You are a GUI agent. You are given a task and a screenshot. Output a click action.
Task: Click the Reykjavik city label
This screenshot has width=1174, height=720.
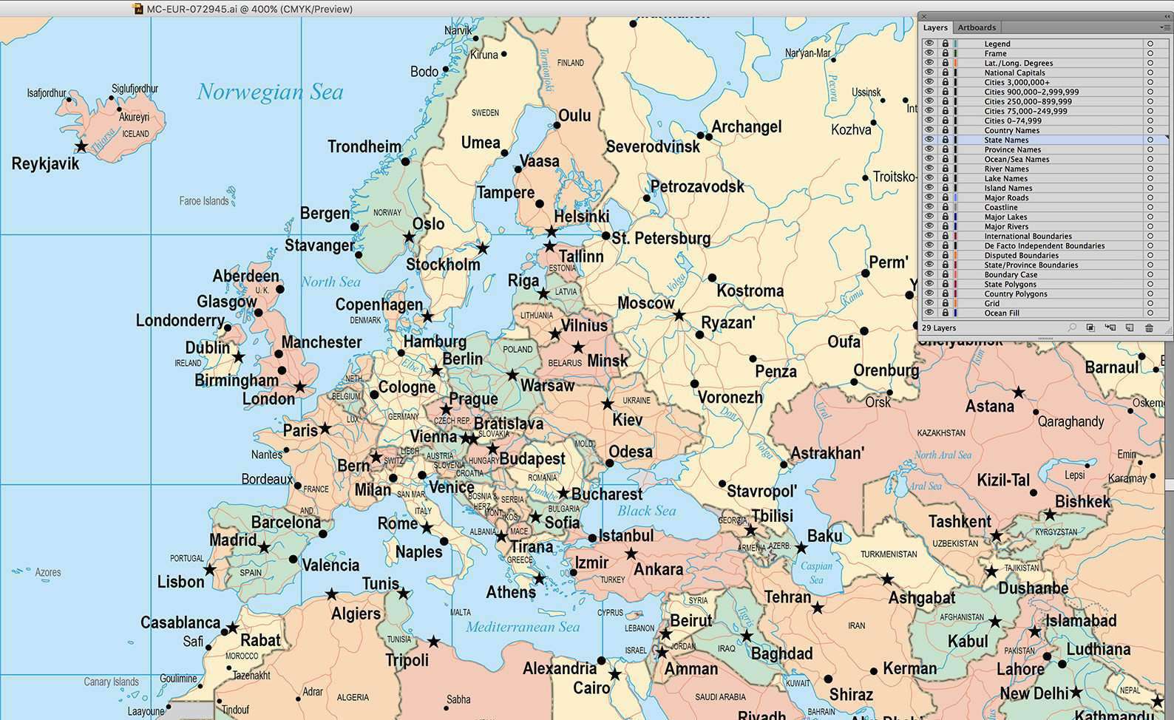coord(45,164)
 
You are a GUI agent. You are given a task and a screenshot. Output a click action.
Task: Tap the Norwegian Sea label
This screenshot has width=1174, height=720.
coord(270,92)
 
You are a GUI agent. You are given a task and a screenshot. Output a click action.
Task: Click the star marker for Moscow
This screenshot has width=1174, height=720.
coord(679,316)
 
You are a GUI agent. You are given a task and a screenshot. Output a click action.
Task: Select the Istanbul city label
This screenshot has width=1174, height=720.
coord(625,535)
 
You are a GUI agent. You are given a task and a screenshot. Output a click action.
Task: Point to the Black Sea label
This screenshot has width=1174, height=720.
coord(647,511)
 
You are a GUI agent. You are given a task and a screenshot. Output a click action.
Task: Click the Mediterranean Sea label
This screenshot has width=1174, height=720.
coord(523,627)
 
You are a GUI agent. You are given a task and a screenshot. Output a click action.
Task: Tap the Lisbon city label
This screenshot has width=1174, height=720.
coord(180,582)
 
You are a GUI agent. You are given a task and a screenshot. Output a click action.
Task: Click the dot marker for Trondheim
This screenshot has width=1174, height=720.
coord(405,161)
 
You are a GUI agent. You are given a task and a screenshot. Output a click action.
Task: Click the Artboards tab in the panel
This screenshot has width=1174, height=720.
coord(977,27)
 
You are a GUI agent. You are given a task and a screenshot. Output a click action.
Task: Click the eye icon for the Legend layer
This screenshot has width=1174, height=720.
coord(929,44)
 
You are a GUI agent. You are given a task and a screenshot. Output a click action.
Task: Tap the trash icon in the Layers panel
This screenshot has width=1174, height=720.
coord(1149,327)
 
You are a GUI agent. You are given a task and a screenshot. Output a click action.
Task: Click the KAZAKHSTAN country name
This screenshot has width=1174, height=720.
coord(941,432)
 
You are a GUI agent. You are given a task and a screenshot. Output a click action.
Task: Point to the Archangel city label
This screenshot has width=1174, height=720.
coord(746,126)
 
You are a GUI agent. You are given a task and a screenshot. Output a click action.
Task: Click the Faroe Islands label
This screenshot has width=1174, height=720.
coord(204,200)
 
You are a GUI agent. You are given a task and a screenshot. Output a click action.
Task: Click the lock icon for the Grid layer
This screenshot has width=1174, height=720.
coord(945,303)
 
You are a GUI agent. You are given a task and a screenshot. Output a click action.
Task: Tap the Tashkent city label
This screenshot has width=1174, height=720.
coord(960,522)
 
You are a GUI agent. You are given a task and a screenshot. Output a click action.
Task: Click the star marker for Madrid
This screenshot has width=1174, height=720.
coord(264,548)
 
